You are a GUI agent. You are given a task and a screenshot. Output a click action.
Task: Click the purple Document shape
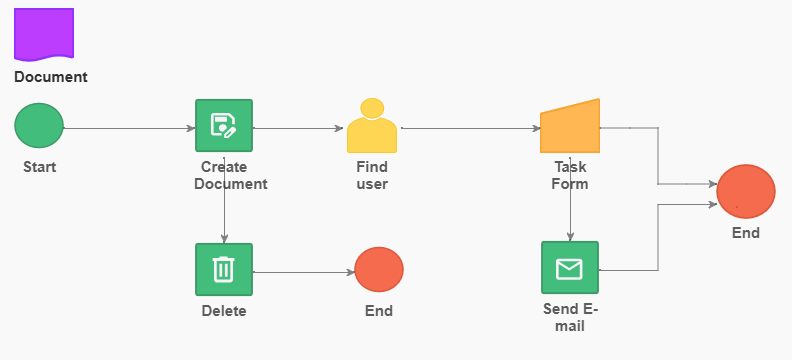[x=44, y=34]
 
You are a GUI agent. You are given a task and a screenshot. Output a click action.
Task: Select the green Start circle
[x=39, y=126]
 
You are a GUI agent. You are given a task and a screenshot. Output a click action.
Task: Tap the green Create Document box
[x=224, y=125]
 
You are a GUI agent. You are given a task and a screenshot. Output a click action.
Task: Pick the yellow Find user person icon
[x=372, y=126]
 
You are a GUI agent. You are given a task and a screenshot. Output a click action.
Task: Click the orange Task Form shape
[x=570, y=126]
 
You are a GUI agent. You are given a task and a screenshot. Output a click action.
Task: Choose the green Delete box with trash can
[x=224, y=270]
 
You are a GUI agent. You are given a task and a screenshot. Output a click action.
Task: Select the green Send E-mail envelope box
[x=570, y=268]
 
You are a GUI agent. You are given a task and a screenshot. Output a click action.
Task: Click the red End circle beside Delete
[x=379, y=270]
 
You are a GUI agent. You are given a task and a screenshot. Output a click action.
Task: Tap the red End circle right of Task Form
[x=746, y=191]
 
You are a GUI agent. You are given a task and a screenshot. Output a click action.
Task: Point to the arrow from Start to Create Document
[x=129, y=128]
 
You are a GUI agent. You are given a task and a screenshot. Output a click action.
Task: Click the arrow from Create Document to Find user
[x=298, y=128]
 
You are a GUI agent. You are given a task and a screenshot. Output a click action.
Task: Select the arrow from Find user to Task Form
[x=471, y=128]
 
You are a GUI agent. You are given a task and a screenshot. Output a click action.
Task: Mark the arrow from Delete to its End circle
[x=304, y=273]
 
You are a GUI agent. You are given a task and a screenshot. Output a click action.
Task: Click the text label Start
[x=39, y=167]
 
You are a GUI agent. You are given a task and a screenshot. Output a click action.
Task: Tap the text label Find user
[x=372, y=175]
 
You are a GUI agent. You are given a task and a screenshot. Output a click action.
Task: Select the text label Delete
[x=224, y=311]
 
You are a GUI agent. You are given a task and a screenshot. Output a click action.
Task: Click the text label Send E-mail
[x=570, y=318]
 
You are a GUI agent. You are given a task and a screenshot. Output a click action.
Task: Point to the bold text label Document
[x=51, y=77]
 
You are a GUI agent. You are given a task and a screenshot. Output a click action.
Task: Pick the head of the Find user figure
[x=372, y=108]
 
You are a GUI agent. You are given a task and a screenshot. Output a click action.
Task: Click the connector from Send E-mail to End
[x=658, y=238]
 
